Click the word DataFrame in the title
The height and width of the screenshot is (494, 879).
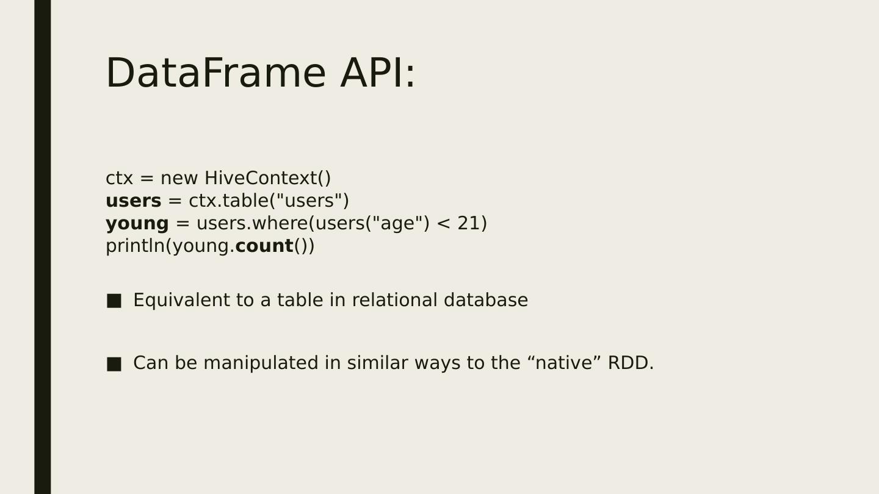pos(216,73)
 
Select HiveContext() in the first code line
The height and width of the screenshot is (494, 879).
pos(267,178)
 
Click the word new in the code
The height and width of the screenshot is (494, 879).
pos(179,179)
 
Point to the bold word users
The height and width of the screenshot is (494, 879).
pos(134,201)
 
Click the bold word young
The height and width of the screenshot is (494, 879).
pos(137,224)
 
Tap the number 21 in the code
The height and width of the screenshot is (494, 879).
pos(469,223)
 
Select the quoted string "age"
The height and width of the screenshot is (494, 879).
pos(399,224)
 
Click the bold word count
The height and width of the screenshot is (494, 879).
pos(264,246)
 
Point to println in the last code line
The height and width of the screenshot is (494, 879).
pos(136,246)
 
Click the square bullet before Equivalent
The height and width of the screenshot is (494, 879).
pos(114,301)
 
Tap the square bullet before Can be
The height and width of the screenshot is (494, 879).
pos(114,364)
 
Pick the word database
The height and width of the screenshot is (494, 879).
pos(486,300)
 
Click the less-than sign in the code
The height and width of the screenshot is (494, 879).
pos(443,224)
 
